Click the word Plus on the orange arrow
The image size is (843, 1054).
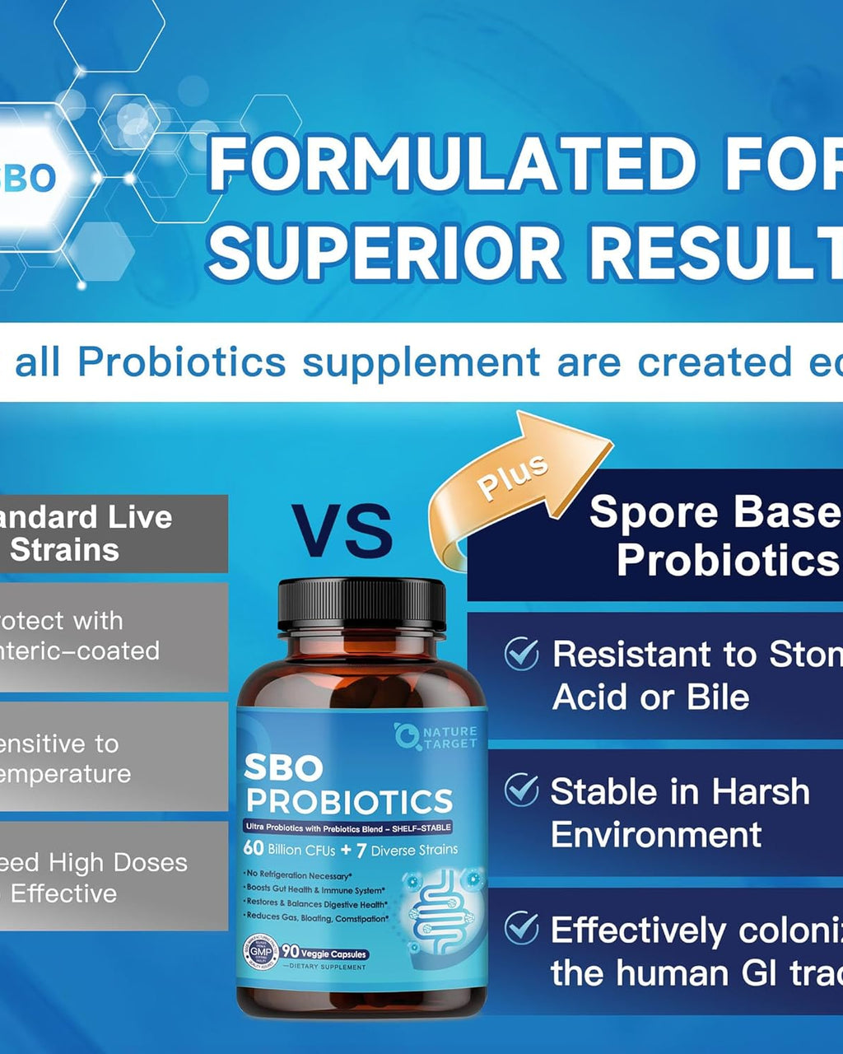(x=512, y=477)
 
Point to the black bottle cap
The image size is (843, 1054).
(x=361, y=606)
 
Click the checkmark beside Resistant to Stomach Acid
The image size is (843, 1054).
(x=521, y=655)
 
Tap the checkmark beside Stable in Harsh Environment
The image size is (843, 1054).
(x=521, y=790)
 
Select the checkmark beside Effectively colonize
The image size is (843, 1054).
(x=521, y=928)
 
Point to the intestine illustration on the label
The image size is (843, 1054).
(x=435, y=911)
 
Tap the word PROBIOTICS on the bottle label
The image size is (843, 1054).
(x=349, y=801)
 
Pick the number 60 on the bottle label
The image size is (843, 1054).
(x=253, y=849)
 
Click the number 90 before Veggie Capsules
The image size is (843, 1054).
(x=290, y=951)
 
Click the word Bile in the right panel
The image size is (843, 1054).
(x=718, y=697)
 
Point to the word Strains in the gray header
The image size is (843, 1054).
(x=64, y=550)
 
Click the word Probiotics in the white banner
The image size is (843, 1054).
(x=182, y=361)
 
